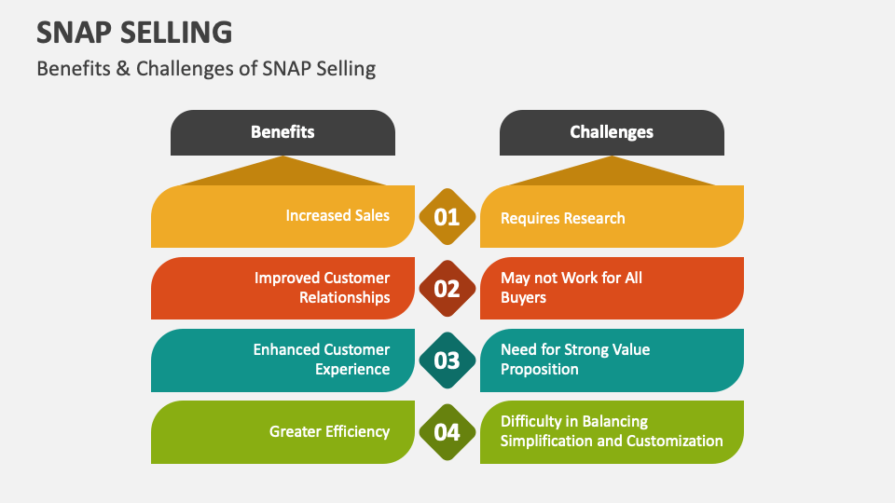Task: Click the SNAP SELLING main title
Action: [x=134, y=32]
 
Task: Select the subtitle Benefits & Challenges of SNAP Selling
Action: [x=206, y=69]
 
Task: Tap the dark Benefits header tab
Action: [x=282, y=132]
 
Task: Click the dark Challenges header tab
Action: [x=612, y=132]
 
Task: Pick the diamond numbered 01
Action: [x=447, y=217]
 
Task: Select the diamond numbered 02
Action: [x=447, y=289]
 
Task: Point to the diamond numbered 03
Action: [x=447, y=360]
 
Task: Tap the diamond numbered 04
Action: [x=447, y=431]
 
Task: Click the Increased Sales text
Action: [x=337, y=216]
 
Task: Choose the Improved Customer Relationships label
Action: [x=322, y=288]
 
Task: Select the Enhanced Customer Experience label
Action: [x=322, y=360]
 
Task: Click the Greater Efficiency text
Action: [x=329, y=431]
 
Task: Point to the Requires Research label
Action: [x=562, y=218]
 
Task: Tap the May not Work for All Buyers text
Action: [x=571, y=288]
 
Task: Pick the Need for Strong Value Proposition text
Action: [x=575, y=360]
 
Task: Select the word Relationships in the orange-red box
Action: [x=344, y=298]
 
